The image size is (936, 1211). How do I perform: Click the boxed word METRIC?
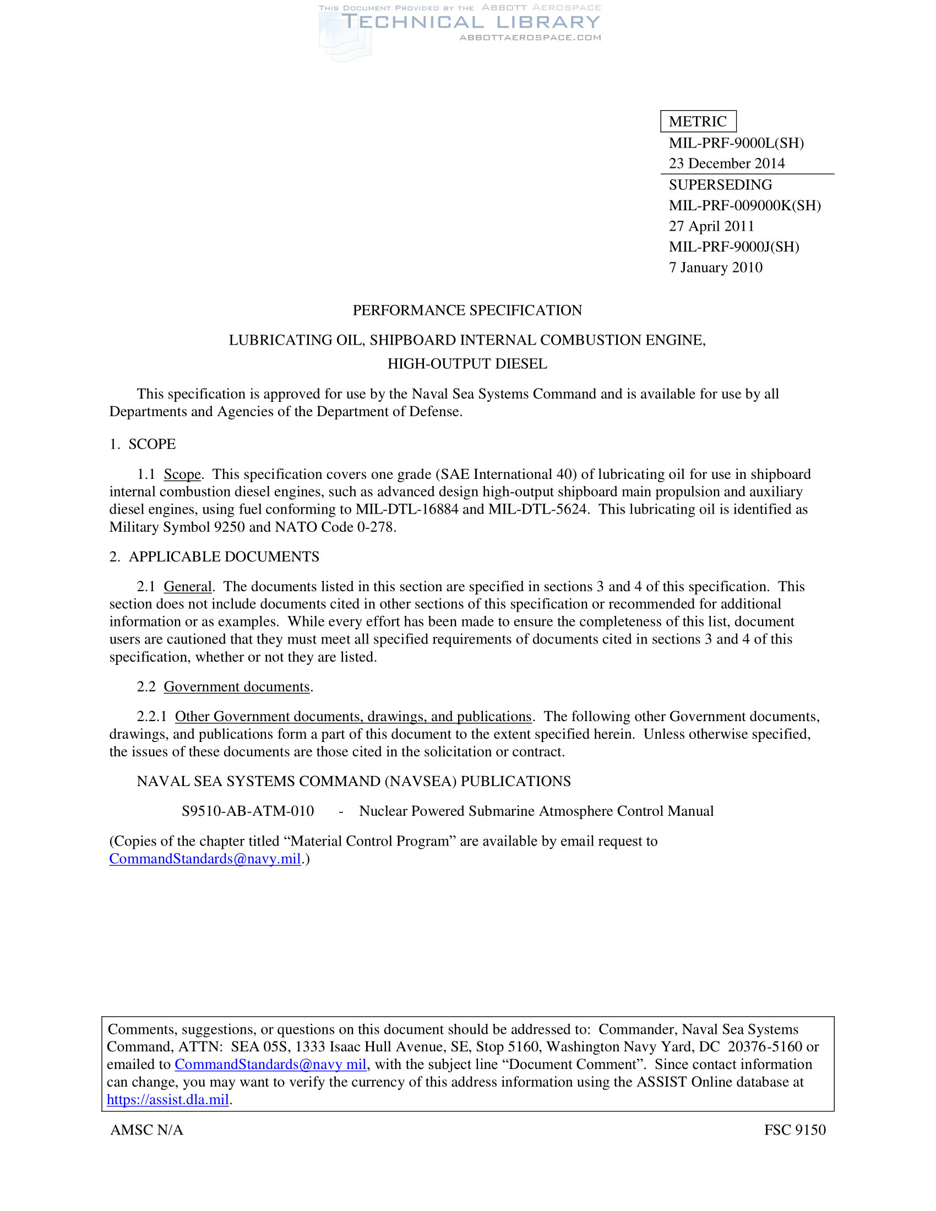[x=698, y=122]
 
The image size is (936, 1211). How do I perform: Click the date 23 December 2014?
[x=726, y=163]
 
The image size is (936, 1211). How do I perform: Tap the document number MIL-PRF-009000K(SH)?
[x=745, y=206]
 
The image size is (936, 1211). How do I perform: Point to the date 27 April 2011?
[x=711, y=226]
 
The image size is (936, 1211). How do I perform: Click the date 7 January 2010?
[x=715, y=268]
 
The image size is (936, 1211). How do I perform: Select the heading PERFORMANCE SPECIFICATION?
[x=467, y=310]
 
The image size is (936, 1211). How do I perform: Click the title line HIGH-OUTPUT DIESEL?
[x=467, y=364]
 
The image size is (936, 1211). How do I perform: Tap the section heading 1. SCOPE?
[x=143, y=444]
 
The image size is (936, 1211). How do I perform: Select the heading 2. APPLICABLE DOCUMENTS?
[x=214, y=557]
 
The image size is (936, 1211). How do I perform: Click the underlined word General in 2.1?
[x=187, y=587]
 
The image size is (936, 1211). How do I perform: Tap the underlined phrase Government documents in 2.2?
[x=237, y=687]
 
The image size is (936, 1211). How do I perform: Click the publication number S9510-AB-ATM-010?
[x=248, y=811]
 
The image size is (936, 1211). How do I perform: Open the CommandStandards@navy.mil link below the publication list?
[x=205, y=859]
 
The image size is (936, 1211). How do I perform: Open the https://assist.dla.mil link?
[x=167, y=1100]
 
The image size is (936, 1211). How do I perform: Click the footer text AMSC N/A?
[x=147, y=1130]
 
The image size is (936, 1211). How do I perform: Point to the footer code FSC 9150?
[x=794, y=1130]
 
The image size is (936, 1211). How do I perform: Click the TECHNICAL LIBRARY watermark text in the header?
[x=470, y=22]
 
